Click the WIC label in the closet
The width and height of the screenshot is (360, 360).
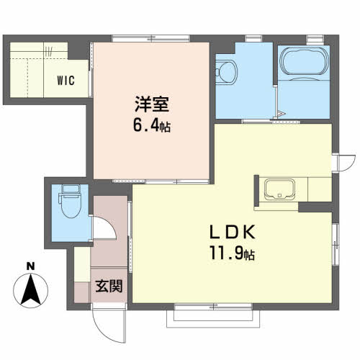[66, 81]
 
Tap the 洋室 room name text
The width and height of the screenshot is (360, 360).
[152, 104]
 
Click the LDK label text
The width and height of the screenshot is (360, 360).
[232, 232]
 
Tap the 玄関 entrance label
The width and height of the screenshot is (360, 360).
[109, 286]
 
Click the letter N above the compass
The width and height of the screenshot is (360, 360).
[30, 266]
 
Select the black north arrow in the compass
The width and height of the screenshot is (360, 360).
[31, 289]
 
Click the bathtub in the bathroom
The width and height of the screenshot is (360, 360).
[304, 62]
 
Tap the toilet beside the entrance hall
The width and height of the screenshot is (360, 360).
[71, 201]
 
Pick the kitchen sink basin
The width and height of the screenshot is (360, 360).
[279, 189]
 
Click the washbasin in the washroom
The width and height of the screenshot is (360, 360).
[225, 72]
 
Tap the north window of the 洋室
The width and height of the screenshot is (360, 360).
[151, 38]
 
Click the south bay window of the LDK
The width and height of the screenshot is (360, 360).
[213, 316]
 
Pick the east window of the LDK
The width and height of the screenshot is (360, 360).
[336, 244]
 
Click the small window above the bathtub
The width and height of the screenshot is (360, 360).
[315, 40]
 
